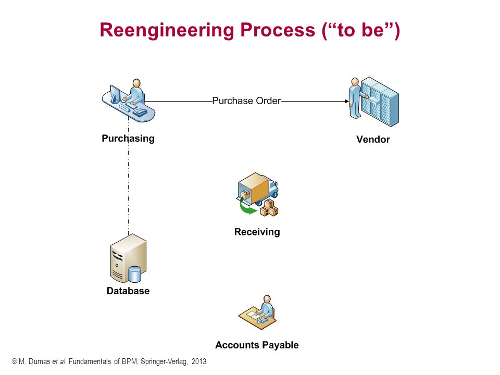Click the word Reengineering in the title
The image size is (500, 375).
point(167,31)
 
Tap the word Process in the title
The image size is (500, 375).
point(278,30)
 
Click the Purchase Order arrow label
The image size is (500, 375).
point(246,101)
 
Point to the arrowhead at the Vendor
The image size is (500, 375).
point(347,102)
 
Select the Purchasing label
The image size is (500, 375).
point(128,139)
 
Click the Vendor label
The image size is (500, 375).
point(373,140)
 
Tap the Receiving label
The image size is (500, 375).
point(257,232)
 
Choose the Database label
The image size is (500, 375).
point(128,291)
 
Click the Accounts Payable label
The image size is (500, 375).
point(257,345)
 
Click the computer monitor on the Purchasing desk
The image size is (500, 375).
point(115,94)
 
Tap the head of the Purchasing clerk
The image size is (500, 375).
point(136,83)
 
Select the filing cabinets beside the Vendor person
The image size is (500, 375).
point(380,102)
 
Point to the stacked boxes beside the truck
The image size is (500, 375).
point(269,208)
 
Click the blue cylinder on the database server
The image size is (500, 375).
point(135,274)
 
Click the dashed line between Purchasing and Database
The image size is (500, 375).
point(129,176)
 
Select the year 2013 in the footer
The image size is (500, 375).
point(199,361)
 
